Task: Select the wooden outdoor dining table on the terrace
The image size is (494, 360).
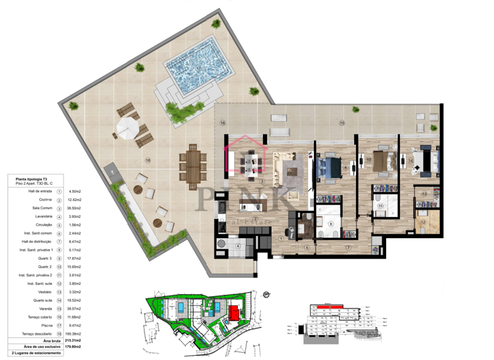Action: click(x=193, y=162)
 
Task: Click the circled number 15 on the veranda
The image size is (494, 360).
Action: click(x=342, y=123)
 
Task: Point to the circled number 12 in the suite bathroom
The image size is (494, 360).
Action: click(x=423, y=222)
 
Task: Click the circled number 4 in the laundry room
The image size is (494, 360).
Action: click(x=238, y=246)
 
